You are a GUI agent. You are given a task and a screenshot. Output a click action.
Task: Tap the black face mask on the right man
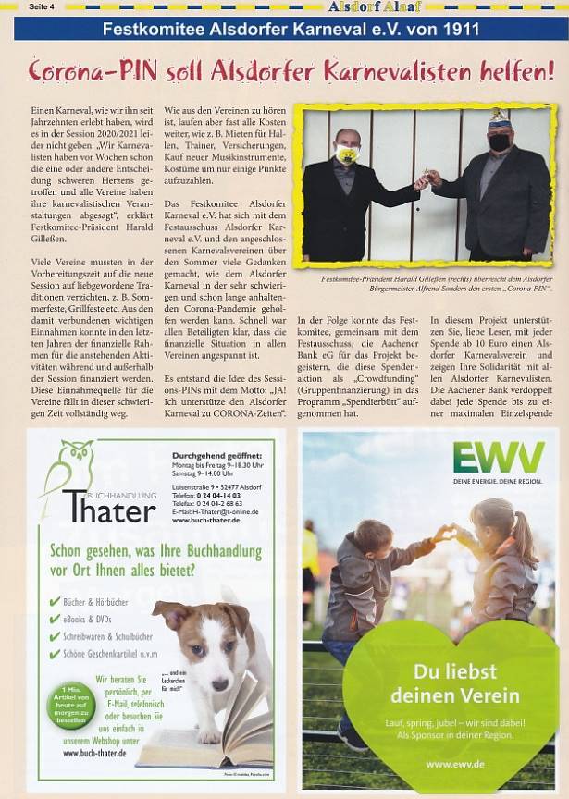(499, 142)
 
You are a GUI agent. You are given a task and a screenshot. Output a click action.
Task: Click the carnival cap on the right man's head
(501, 117)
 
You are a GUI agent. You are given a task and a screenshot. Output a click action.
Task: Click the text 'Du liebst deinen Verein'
(440, 683)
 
